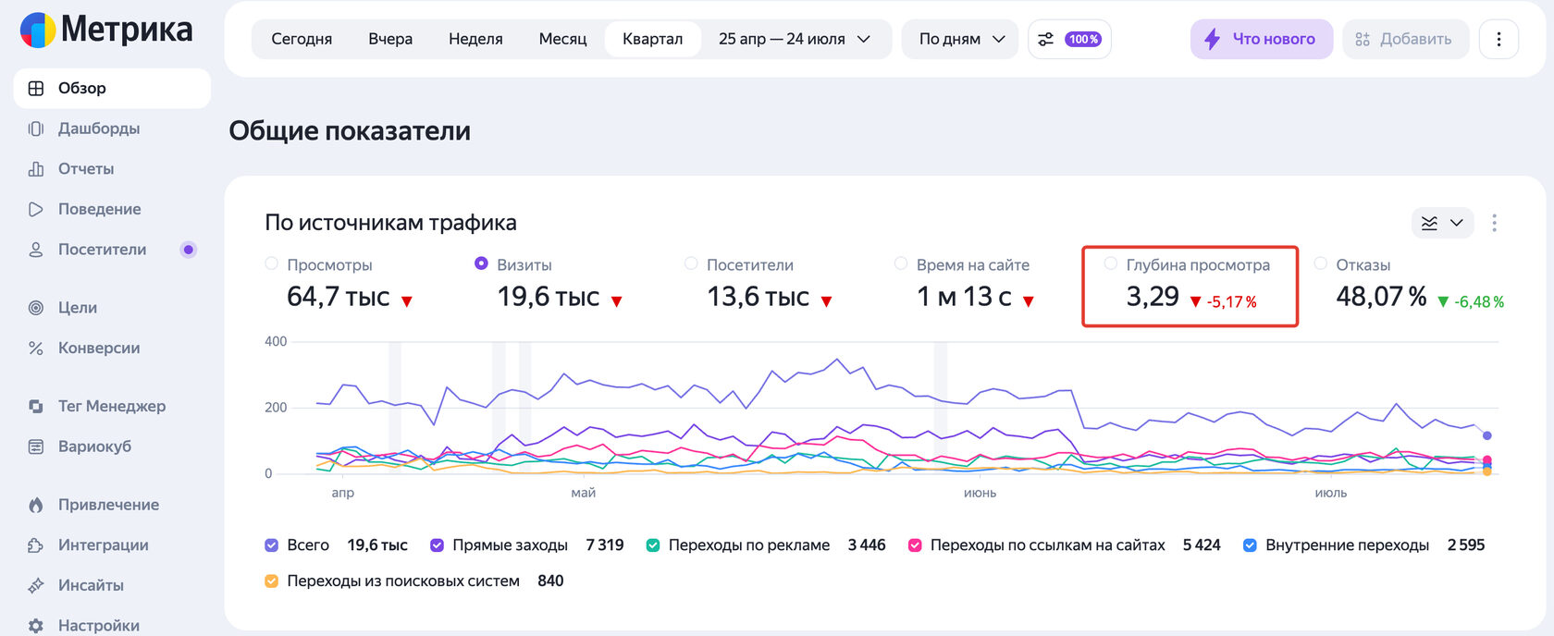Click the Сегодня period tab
pos(302,39)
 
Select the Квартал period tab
pos(652,39)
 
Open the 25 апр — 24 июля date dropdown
pos(795,39)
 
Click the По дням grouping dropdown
pos(960,39)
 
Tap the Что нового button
pos(1262,39)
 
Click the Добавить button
pos(1405,39)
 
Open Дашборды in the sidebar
pos(98,128)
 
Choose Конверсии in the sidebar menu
pos(98,348)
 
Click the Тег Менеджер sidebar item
pos(111,406)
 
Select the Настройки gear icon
pos(36,626)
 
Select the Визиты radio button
pos(481,263)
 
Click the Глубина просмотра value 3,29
pos(1153,296)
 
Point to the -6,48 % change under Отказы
pos(1478,301)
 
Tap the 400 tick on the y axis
pos(276,341)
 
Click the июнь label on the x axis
pos(980,493)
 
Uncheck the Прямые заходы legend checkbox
pos(437,545)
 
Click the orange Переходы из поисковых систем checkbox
pos(271,581)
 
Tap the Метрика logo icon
pos(37,30)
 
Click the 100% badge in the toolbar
pos(1083,39)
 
